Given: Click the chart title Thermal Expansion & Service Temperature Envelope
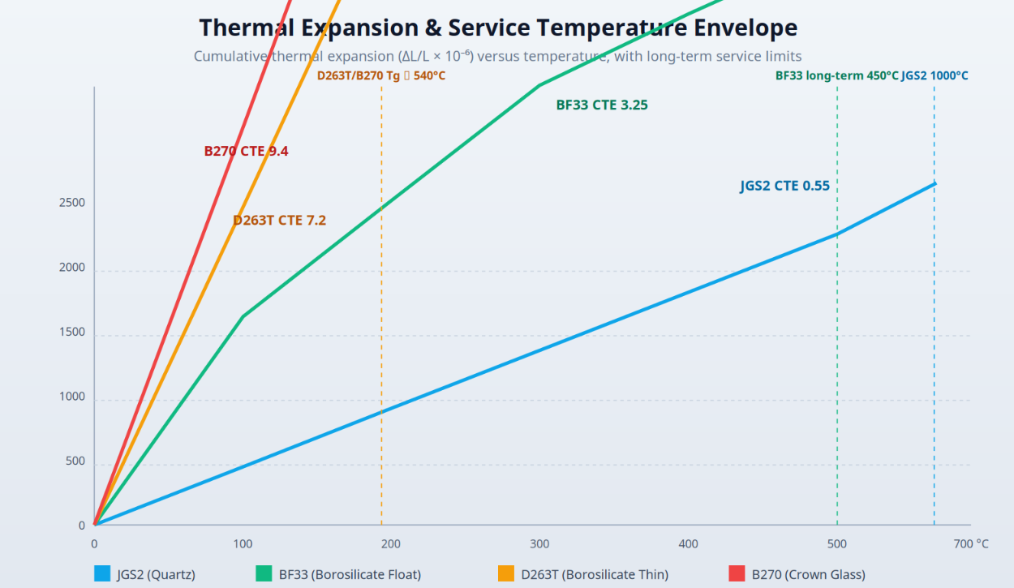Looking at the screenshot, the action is coord(498,28).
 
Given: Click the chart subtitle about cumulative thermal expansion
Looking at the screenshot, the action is coord(497,56).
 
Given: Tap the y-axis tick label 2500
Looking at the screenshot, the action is coord(72,202).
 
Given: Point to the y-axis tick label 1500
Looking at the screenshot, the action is coord(72,332).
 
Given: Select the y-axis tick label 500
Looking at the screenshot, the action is coord(75,461).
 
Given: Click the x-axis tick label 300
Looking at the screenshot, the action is coord(539,543).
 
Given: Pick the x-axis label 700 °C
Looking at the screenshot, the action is coord(971,543).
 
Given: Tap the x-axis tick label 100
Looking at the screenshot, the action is coord(243,543).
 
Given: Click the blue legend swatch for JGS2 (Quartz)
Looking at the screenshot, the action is coord(102,573).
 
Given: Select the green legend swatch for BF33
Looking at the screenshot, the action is coord(264,573).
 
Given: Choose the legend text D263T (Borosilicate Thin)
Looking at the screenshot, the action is coord(595,574).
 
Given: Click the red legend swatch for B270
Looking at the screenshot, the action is coord(737,573).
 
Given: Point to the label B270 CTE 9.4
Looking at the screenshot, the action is coord(246,151).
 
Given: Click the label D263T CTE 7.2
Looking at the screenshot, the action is coord(279,221).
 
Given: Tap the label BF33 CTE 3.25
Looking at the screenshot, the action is coord(602,105).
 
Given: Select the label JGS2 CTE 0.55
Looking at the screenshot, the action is coord(785,186).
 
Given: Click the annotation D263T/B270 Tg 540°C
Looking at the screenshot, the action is coord(381,75).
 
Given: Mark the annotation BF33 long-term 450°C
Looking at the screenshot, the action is coord(837,75).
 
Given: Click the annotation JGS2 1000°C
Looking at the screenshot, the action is coord(935,75).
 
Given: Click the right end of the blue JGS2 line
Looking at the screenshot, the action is coord(935,184).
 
